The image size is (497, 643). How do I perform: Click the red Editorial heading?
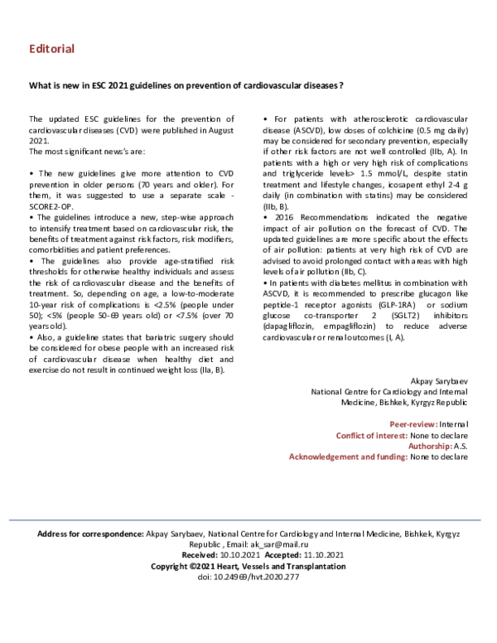pos(51,49)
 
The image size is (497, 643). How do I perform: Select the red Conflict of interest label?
pos(370,434)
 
